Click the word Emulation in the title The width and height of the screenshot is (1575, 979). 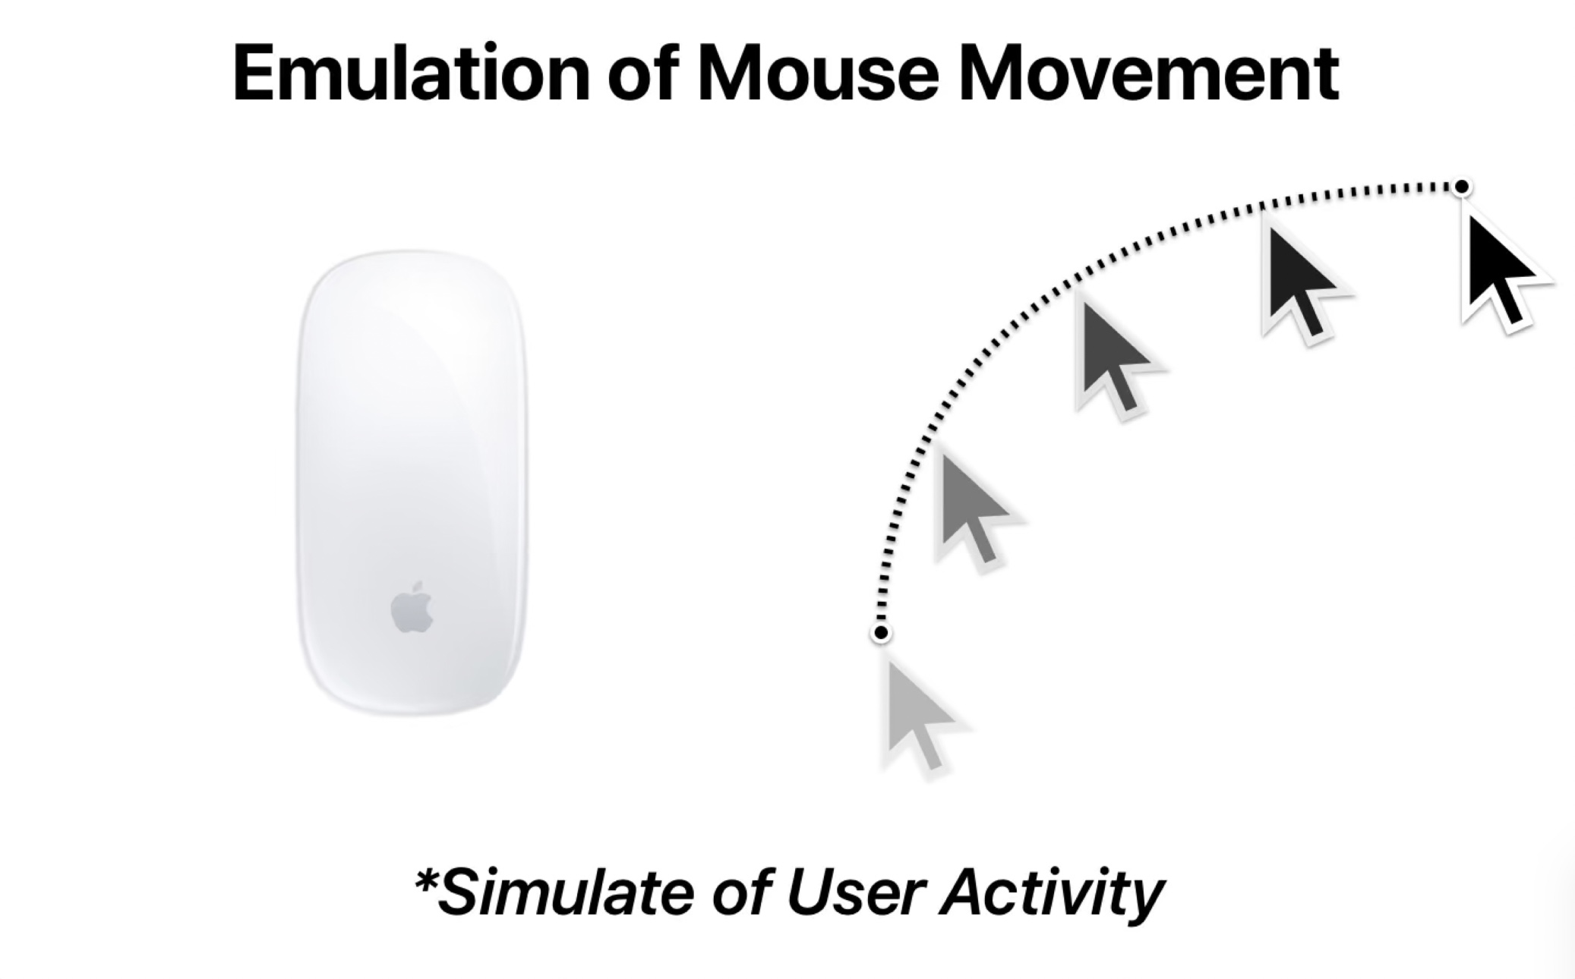(411, 73)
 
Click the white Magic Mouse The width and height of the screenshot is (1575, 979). (412, 483)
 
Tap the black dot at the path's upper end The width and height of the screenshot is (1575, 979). (1461, 187)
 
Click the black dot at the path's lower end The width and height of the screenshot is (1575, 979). (881, 632)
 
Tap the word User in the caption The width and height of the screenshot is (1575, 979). (855, 892)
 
